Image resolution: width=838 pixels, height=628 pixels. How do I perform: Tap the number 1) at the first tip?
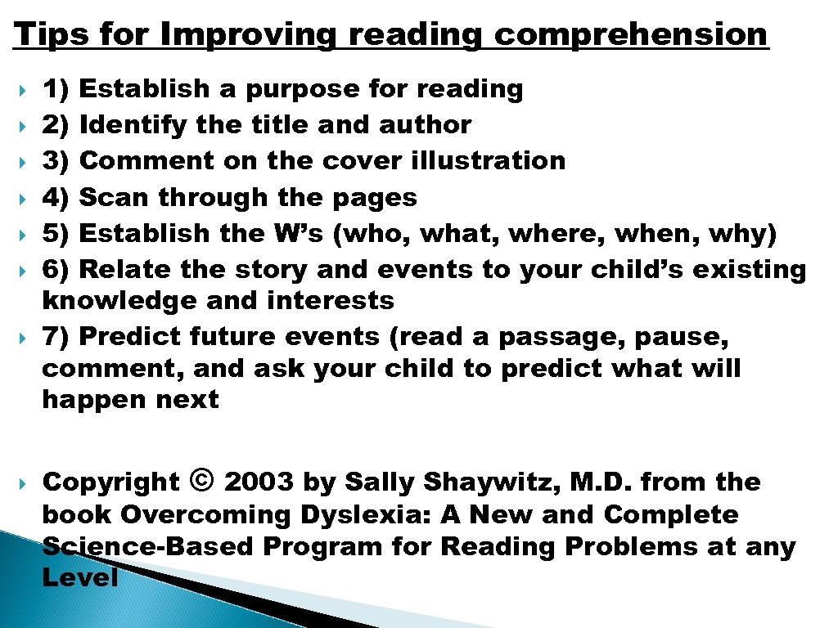click(57, 89)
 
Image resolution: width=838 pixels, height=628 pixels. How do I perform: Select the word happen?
click(89, 400)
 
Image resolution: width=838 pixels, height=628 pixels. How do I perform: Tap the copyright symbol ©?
click(201, 481)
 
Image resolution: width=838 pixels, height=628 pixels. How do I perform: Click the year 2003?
click(259, 482)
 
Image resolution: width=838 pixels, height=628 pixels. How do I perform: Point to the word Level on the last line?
click(79, 578)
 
